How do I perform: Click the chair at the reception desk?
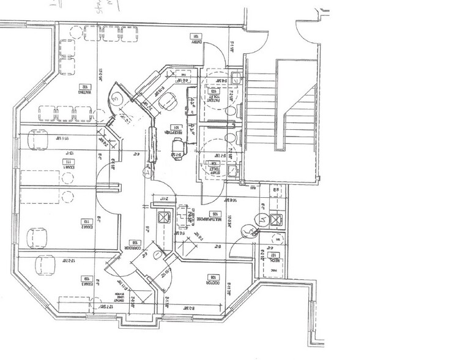click(x=178, y=146)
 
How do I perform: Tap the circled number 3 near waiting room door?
click(x=117, y=97)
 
